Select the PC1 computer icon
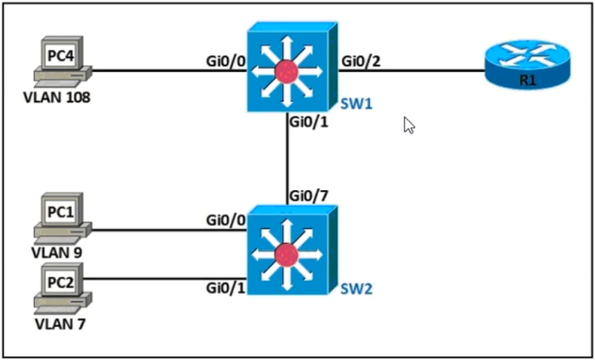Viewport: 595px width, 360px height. (63, 218)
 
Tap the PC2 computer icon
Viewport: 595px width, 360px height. (63, 289)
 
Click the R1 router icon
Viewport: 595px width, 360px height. (527, 65)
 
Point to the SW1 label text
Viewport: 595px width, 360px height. (356, 104)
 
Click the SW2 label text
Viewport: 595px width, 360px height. (356, 289)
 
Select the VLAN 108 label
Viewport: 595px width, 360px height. (57, 98)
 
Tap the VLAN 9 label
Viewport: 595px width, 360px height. (57, 253)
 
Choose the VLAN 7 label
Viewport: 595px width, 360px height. (61, 324)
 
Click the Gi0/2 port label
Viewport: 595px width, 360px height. (361, 60)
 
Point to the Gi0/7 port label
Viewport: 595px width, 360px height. (308, 196)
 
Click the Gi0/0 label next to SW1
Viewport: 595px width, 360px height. (225, 60)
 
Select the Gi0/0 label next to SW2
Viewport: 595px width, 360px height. (225, 220)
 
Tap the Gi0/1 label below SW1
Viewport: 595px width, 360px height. (308, 122)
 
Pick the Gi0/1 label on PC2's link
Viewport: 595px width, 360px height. (225, 287)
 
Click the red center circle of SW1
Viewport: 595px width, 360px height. (287, 71)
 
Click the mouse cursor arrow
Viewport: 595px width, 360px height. (408, 125)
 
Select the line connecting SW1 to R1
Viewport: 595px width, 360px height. (411, 71)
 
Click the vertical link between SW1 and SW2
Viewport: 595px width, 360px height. (287, 158)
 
